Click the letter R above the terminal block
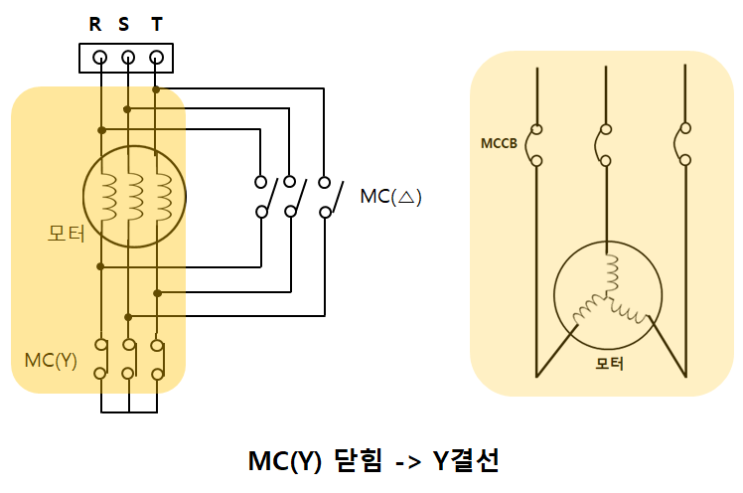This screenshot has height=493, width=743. pos(95,25)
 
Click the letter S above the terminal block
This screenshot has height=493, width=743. pos(124,25)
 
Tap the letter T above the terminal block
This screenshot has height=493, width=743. pos(156,25)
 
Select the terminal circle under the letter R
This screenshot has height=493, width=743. pos(100,58)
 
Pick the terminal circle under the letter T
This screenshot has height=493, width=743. pos(156,58)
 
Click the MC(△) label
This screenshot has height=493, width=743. pos(391,197)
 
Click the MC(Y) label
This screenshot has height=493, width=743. pos(51,359)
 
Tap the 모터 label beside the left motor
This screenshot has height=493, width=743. pos(67,234)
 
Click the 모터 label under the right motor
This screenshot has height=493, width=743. pos(609,363)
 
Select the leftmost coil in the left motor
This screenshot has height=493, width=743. pos(110,195)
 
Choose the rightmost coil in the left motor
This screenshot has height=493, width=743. pos(165,195)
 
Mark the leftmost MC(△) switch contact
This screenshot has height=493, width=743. pos(261,196)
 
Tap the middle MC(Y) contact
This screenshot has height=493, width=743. pos(128,359)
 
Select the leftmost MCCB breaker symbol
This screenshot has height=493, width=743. pos(536,145)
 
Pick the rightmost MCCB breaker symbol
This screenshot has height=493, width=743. pos(683,145)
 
